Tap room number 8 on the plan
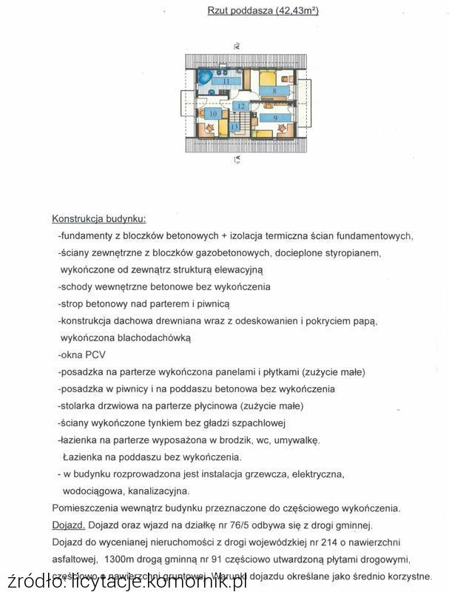274,91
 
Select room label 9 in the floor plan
275,118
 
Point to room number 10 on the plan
214,114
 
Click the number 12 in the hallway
241,107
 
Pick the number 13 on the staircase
234,127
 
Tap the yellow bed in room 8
267,76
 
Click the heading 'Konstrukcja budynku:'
98,219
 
